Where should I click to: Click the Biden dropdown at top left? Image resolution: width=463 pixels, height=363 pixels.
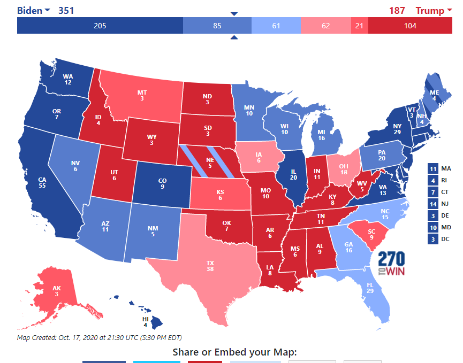[33, 11]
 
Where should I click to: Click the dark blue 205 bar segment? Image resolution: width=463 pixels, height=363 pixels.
[100, 26]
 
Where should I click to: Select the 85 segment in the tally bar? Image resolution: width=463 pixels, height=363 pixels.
[217, 26]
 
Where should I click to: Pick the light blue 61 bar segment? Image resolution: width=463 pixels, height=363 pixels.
[276, 26]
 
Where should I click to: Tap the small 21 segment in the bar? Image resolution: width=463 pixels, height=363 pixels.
[359, 26]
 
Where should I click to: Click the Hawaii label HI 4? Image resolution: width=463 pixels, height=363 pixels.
[145, 321]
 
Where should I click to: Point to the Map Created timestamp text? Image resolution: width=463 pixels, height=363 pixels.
[99, 337]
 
